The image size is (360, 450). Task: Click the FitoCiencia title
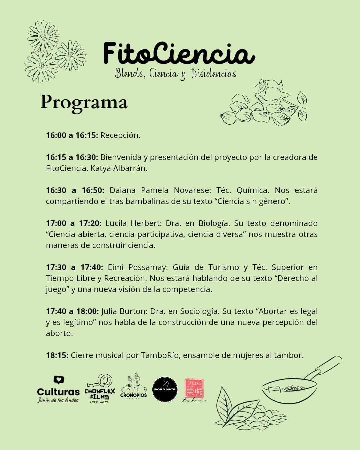point(179,53)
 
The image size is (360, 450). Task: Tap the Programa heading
point(84,102)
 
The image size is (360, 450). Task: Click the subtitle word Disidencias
point(213,73)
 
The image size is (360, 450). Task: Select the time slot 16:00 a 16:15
point(72,135)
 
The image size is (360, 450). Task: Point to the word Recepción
point(120,135)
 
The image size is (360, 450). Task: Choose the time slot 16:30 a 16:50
point(75,190)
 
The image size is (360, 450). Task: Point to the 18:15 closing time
point(57,355)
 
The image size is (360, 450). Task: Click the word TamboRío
point(160,355)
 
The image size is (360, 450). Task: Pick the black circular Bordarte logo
point(165,389)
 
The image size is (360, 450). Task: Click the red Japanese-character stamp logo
point(194,388)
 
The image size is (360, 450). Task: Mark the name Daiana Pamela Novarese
point(160,190)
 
